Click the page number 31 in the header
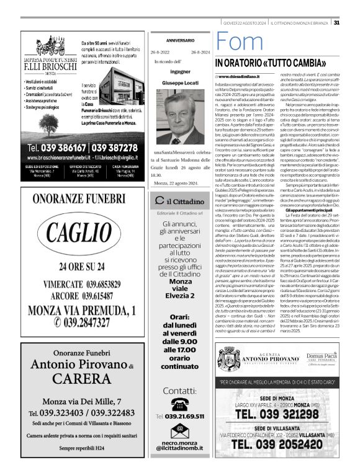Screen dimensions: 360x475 click(353, 23)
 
